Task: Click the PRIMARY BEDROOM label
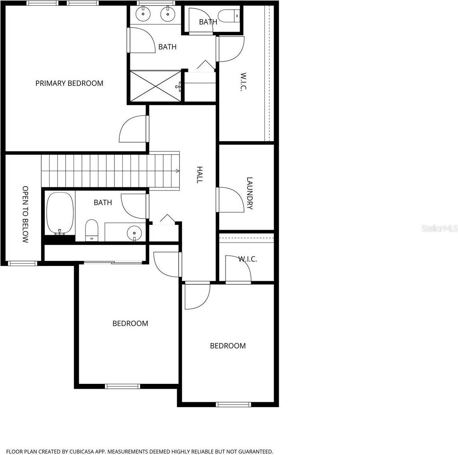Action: [69, 83]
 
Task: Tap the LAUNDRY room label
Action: [250, 193]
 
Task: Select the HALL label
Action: [199, 175]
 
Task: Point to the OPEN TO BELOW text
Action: [25, 214]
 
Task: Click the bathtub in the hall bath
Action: [60, 213]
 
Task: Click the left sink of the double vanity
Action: [143, 14]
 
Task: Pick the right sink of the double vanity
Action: [167, 14]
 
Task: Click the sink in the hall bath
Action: [134, 232]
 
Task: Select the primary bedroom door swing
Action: [134, 129]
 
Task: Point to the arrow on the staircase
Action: [177, 171]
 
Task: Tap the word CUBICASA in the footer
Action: [80, 451]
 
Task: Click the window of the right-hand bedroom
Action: [234, 404]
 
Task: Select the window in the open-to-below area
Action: [23, 263]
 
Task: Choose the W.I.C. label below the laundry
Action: [248, 259]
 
